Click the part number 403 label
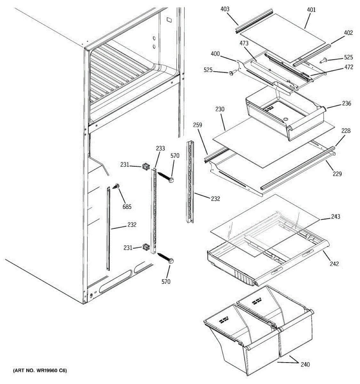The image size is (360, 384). [225, 9]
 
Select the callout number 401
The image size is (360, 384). [311, 10]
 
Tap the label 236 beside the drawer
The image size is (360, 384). [346, 103]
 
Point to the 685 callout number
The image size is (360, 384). [127, 207]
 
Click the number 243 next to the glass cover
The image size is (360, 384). [336, 217]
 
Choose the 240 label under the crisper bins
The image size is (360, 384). [305, 364]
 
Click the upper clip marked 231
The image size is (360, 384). [146, 166]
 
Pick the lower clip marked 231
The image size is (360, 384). [146, 247]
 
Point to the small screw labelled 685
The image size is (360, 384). [116, 186]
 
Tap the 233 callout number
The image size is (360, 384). [160, 148]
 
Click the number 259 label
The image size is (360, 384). [197, 125]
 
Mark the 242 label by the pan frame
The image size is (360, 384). [334, 264]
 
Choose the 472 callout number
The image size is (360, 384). [348, 67]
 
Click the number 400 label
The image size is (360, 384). [215, 54]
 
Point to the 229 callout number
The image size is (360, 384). [337, 174]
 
